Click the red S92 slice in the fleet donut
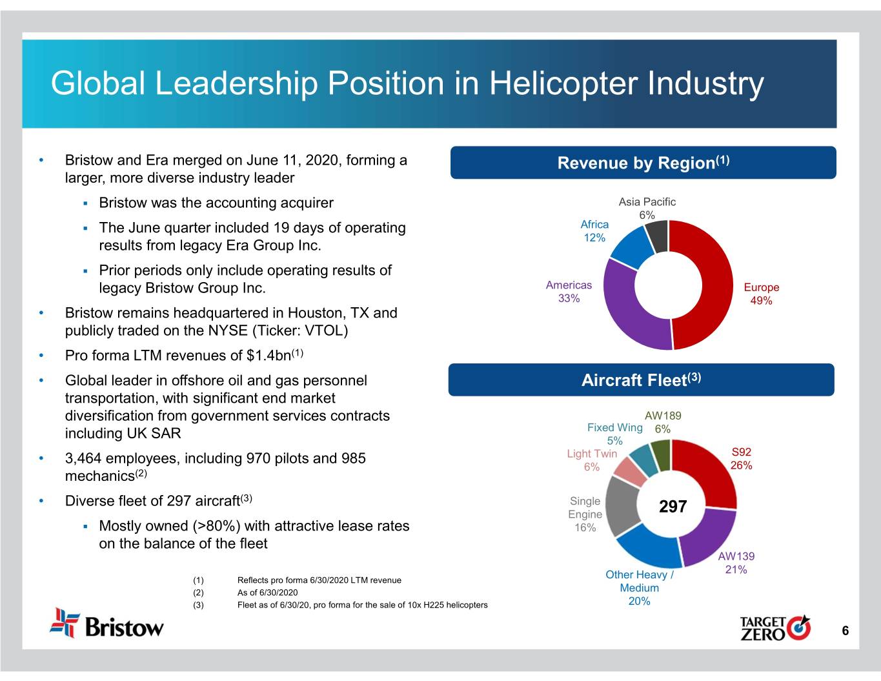pyautogui.click(x=707, y=471)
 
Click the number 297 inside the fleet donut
pyautogui.click(x=673, y=507)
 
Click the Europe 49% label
pyautogui.click(x=762, y=294)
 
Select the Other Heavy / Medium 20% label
pyautogui.click(x=639, y=588)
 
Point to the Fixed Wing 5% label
pyautogui.click(x=614, y=434)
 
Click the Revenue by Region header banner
pyautogui.click(x=643, y=163)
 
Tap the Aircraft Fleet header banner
pyautogui.click(x=641, y=380)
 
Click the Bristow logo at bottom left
pyautogui.click(x=107, y=624)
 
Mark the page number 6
pyautogui.click(x=845, y=631)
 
